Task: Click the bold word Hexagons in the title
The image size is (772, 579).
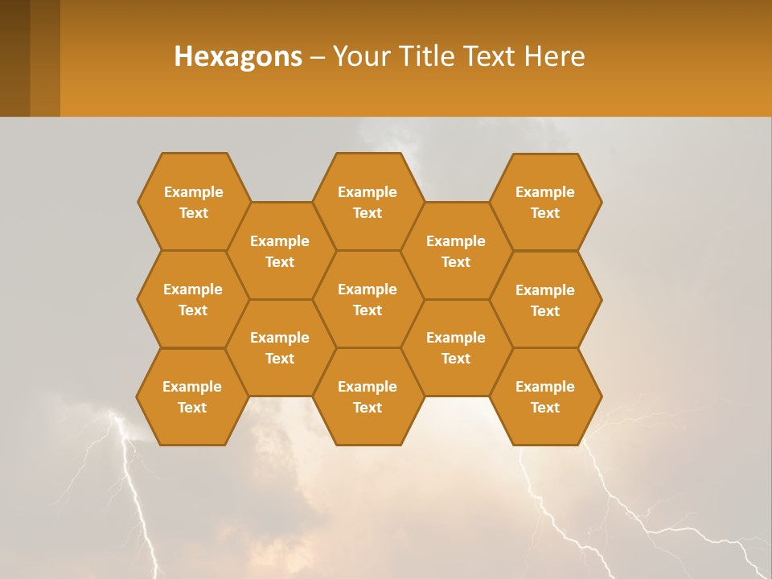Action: click(238, 56)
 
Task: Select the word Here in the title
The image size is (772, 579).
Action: click(554, 56)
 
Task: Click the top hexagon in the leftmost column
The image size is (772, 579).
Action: click(193, 202)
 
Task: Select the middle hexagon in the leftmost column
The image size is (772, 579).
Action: click(193, 299)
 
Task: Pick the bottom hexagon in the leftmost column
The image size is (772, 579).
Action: click(192, 396)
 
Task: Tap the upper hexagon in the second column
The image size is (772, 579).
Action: click(280, 251)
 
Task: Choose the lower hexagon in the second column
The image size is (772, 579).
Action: click(280, 347)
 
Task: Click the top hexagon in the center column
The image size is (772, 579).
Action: click(368, 202)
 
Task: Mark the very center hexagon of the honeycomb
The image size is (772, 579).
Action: click(368, 299)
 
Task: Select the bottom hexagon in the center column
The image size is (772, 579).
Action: click(368, 396)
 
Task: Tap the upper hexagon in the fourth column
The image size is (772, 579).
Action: click(456, 251)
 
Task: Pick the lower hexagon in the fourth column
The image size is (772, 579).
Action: click(456, 347)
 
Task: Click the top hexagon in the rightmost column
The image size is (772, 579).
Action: click(545, 202)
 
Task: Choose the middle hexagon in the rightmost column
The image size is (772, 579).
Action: click(545, 300)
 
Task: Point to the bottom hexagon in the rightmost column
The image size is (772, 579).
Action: click(545, 396)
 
